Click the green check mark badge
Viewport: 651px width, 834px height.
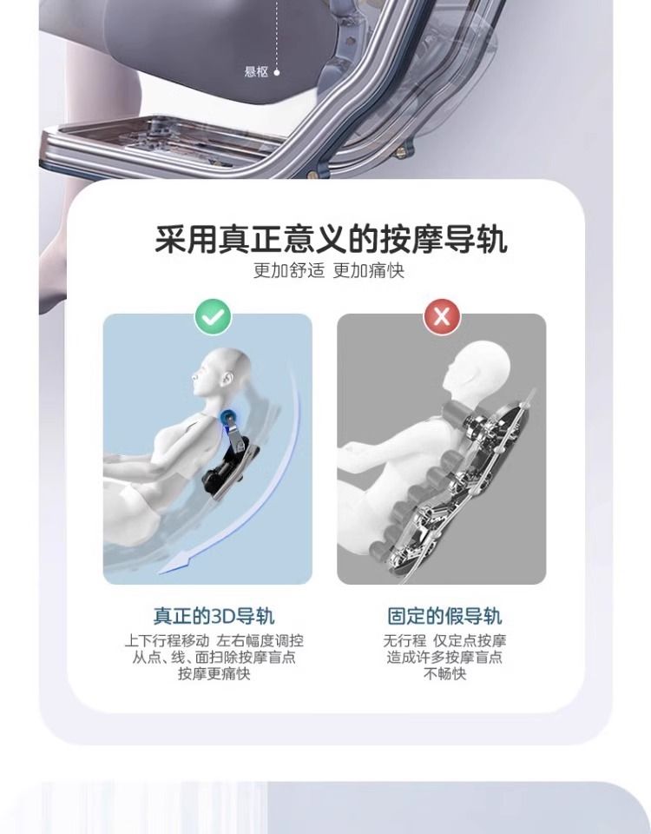tap(214, 317)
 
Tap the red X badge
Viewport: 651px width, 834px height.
tap(442, 317)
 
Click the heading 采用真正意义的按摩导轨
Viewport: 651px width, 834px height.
tap(331, 240)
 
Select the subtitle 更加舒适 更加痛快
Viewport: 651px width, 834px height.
tap(328, 271)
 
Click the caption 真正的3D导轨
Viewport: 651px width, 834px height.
tap(214, 616)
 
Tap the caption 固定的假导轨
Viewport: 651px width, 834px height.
tap(444, 616)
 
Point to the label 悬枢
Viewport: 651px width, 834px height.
tap(256, 71)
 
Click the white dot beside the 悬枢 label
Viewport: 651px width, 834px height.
tap(276, 72)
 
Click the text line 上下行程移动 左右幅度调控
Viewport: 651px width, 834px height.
tap(214, 640)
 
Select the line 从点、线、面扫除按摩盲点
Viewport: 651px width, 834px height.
tap(214, 658)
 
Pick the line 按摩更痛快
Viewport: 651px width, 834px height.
tap(214, 674)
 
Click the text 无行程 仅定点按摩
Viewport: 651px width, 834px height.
tap(444, 640)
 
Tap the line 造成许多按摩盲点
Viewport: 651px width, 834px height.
tap(444, 658)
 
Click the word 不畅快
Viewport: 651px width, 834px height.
tap(444, 674)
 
